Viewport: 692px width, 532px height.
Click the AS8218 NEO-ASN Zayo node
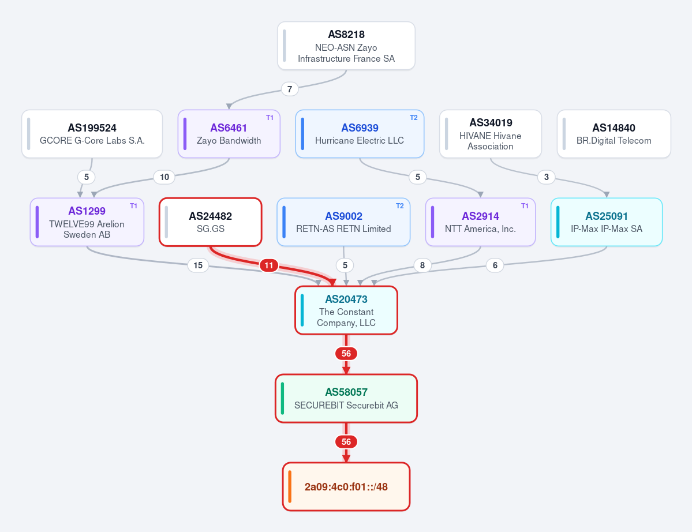tap(346, 46)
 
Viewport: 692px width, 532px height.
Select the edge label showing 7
tap(290, 89)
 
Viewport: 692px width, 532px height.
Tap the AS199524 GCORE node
tap(92, 134)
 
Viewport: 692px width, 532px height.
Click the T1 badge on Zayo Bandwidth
tap(270, 118)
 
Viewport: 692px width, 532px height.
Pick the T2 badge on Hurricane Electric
tap(413, 118)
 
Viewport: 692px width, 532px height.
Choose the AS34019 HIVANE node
tap(491, 134)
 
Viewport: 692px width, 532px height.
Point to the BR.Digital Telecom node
tap(614, 134)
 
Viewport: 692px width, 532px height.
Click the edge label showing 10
tap(164, 177)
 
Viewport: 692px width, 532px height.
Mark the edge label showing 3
tap(547, 177)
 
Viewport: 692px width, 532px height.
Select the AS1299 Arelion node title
tap(87, 211)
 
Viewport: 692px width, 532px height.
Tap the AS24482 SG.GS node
tap(211, 222)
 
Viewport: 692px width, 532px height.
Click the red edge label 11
tap(269, 265)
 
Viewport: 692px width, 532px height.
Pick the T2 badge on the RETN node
tap(400, 206)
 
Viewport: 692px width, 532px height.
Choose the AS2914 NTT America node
tap(480, 222)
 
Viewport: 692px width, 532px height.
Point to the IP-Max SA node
tap(607, 222)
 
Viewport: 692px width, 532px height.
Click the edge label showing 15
tap(198, 265)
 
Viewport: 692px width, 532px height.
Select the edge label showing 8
tap(422, 265)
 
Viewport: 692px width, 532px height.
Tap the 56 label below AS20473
tap(346, 354)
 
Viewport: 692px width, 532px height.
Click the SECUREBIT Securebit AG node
tap(346, 399)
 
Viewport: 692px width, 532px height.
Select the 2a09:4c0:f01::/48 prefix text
tap(346, 487)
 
